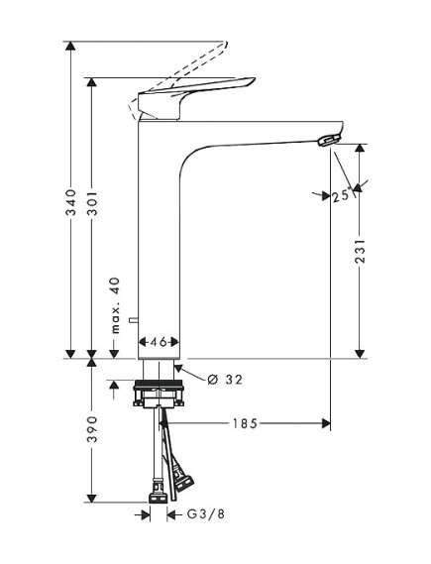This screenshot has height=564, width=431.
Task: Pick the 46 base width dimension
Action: tap(160, 339)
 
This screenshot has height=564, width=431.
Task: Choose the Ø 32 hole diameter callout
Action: tap(225, 378)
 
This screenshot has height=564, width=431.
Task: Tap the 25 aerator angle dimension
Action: tap(342, 197)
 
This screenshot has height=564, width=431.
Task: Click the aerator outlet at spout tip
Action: tap(327, 141)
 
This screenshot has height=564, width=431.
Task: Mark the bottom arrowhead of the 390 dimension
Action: tap(91, 499)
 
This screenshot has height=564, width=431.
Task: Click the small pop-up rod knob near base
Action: tap(142, 321)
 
